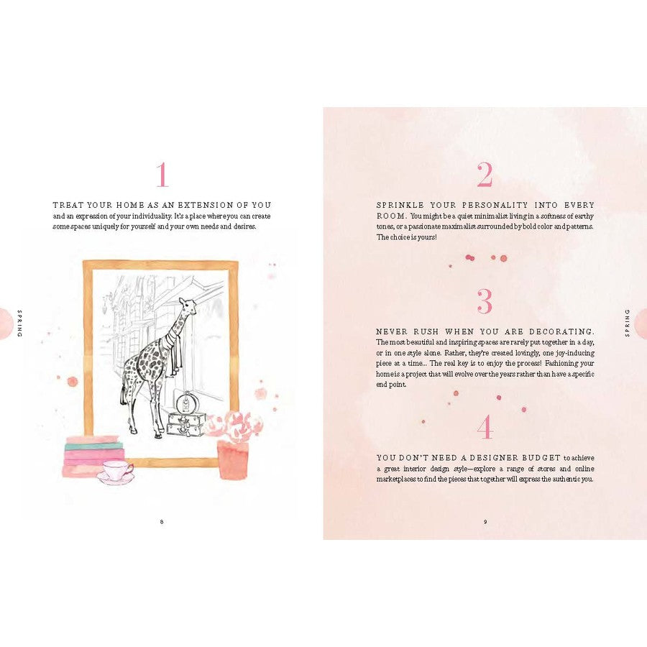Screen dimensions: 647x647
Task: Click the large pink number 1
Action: click(162, 174)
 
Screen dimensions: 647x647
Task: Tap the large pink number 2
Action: click(485, 174)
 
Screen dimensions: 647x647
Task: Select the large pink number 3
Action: click(485, 300)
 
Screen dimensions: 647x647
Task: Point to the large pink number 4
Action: click(485, 427)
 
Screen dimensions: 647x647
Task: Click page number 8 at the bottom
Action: click(162, 522)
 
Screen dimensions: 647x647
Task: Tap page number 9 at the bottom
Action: click(485, 522)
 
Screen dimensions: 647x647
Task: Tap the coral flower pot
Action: click(233, 459)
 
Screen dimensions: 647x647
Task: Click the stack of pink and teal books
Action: click(93, 456)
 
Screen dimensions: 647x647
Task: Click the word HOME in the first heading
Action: click(130, 205)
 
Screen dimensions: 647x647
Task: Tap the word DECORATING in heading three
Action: click(561, 331)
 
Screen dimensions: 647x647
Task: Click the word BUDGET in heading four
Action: click(541, 458)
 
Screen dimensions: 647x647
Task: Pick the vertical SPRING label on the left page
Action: click(19, 323)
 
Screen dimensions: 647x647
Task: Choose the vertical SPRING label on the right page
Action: click(628, 323)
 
